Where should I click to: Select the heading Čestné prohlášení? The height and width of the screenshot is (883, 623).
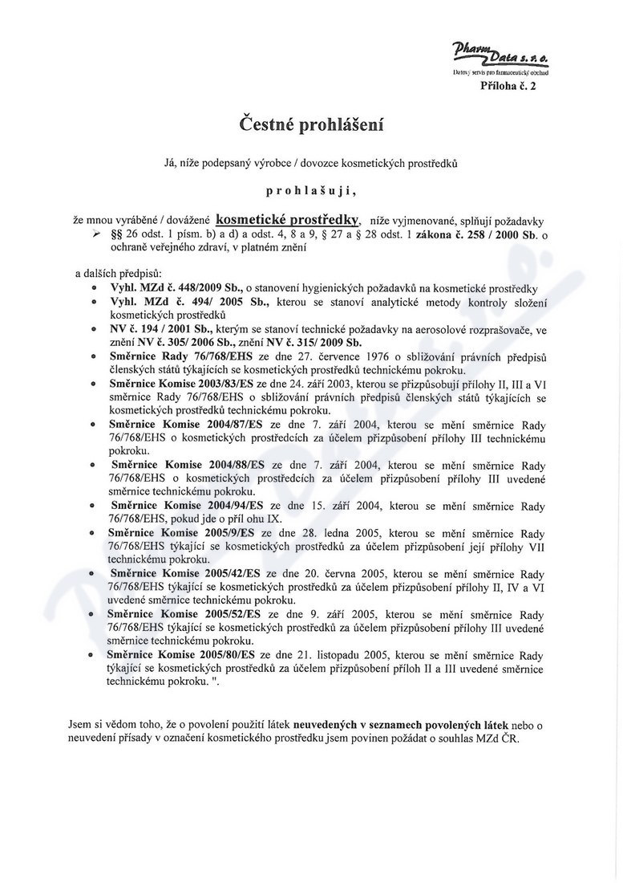[x=312, y=125]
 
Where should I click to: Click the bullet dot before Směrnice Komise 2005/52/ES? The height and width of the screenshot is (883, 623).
[x=95, y=614]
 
